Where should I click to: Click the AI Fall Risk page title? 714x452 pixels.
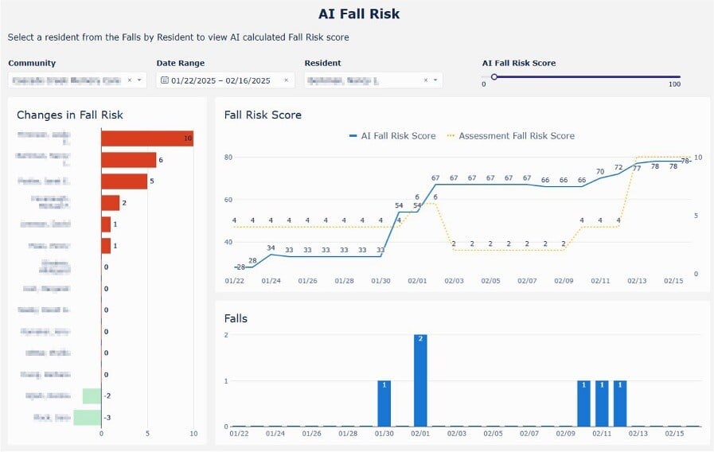[x=359, y=14]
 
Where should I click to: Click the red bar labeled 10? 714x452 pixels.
[x=146, y=138]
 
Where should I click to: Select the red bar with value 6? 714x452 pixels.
[x=128, y=160]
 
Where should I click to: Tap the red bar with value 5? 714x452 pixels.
[x=124, y=181]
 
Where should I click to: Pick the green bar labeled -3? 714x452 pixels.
[x=88, y=417]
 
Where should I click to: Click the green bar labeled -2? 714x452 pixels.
[x=92, y=395]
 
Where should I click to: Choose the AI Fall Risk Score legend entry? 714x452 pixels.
[x=392, y=136]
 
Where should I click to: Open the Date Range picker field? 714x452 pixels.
[x=226, y=80]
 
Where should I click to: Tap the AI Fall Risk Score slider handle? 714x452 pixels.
[x=494, y=77]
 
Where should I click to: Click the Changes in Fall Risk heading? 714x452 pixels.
[x=70, y=115]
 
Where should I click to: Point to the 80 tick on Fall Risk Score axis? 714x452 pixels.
[x=228, y=157]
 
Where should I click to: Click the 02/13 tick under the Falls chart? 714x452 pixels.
[x=638, y=434]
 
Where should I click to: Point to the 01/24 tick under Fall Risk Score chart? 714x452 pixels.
[x=271, y=280]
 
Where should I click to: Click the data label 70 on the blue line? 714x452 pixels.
[x=600, y=171]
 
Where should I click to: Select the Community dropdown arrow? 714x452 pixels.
[x=140, y=80]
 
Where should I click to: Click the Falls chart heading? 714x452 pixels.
[x=236, y=318]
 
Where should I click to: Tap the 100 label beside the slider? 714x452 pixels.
[x=674, y=84]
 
